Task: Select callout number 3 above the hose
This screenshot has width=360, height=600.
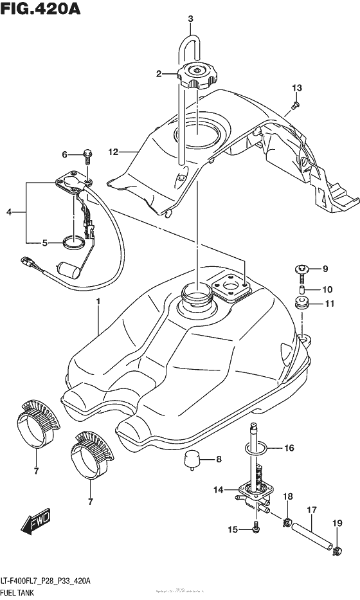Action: [x=190, y=19]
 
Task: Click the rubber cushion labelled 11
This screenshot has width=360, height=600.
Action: [x=300, y=303]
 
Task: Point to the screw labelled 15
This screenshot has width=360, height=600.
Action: [x=256, y=529]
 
